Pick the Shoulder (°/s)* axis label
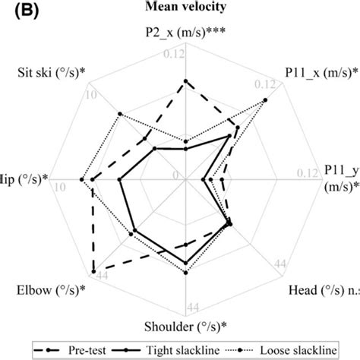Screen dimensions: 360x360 186,327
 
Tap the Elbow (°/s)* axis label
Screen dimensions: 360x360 51,290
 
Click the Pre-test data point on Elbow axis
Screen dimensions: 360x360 93,271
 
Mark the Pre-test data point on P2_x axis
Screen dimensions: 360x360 186,81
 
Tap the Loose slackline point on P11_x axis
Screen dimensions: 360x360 265,100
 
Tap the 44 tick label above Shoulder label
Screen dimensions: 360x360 193,307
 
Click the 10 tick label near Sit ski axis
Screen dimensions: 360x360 91,94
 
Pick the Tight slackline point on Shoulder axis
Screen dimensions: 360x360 186,263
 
